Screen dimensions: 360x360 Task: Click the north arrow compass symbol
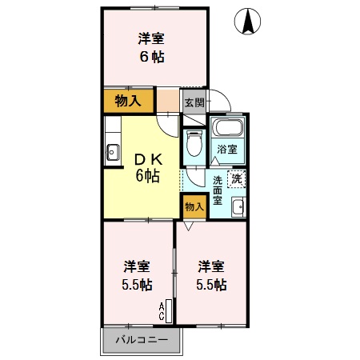[250, 21]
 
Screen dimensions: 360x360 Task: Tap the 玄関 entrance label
[194, 102]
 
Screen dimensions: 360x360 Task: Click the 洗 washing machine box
[237, 180]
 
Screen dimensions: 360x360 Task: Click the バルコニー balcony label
[142, 339]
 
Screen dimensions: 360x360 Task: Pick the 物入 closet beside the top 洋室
[128, 101]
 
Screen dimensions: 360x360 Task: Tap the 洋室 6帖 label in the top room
[150, 48]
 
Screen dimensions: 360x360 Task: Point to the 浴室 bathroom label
[226, 150]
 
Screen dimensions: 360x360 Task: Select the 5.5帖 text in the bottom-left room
[138, 285]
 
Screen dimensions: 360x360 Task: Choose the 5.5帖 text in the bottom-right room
[212, 285]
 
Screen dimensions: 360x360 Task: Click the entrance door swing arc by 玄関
[222, 102]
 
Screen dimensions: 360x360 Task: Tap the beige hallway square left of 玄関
[168, 101]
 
